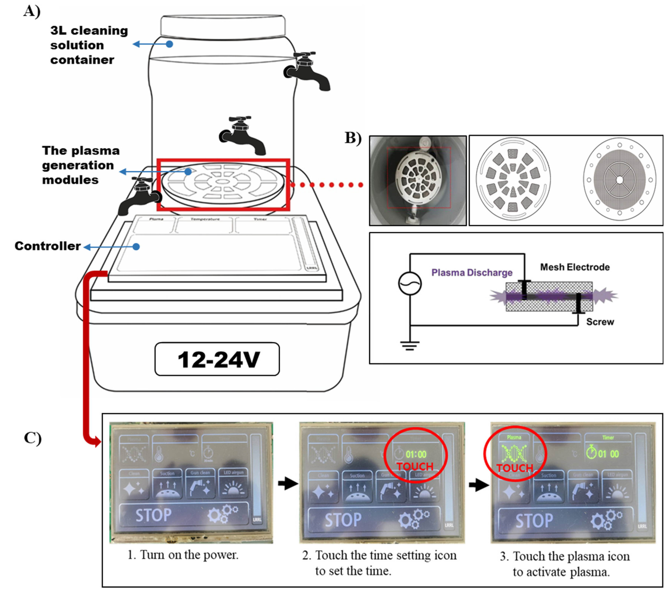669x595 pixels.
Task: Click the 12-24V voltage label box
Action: tap(217, 359)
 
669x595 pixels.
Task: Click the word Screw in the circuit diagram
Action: tap(600, 322)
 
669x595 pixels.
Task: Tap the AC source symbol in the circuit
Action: tap(410, 283)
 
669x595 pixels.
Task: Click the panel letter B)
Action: tap(353, 138)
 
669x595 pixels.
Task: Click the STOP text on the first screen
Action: tap(153, 515)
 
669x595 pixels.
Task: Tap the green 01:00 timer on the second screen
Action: tap(416, 454)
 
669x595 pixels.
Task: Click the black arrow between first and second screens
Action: tap(288, 483)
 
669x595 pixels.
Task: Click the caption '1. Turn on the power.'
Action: tap(183, 555)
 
